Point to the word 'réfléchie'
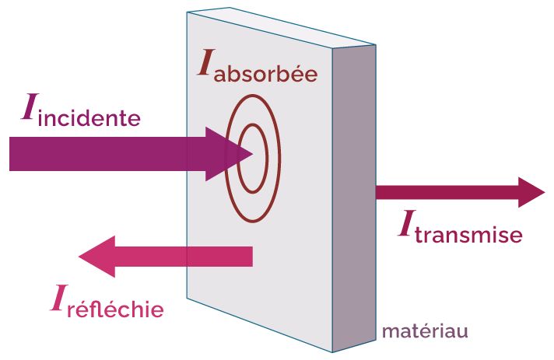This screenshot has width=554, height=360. click(x=115, y=309)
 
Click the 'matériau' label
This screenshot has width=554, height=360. click(x=424, y=331)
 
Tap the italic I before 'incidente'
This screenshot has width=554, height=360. click(x=28, y=110)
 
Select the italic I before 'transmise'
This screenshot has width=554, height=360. click(x=405, y=225)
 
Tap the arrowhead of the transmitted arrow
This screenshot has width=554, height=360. click(x=531, y=191)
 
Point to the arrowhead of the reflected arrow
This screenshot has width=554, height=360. click(x=98, y=256)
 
